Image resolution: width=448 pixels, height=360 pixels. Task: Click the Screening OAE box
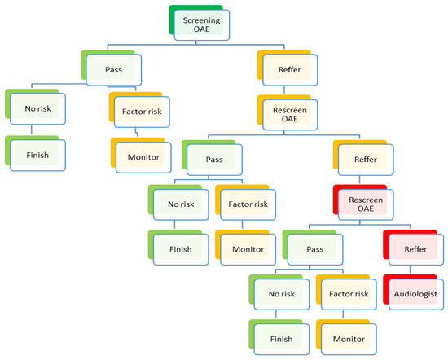tap(200, 25)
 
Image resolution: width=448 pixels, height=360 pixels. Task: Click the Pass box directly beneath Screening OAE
tap(113, 71)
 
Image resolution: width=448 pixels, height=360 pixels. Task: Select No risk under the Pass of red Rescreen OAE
tap(276, 292)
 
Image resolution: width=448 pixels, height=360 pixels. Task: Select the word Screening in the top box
tap(200, 20)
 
